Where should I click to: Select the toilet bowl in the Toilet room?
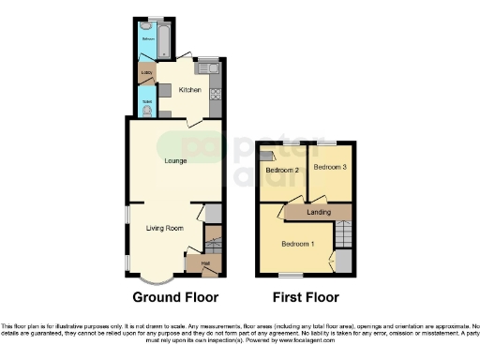147,110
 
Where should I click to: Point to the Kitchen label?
190,90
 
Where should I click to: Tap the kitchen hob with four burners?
215,93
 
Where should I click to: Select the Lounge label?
175,161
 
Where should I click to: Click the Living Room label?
163,228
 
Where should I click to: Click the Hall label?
204,263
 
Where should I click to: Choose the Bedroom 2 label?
281,171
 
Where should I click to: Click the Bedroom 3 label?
330,167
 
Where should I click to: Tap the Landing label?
319,213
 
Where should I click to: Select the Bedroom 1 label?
298,244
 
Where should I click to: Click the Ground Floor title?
175,297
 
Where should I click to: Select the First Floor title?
305,297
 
